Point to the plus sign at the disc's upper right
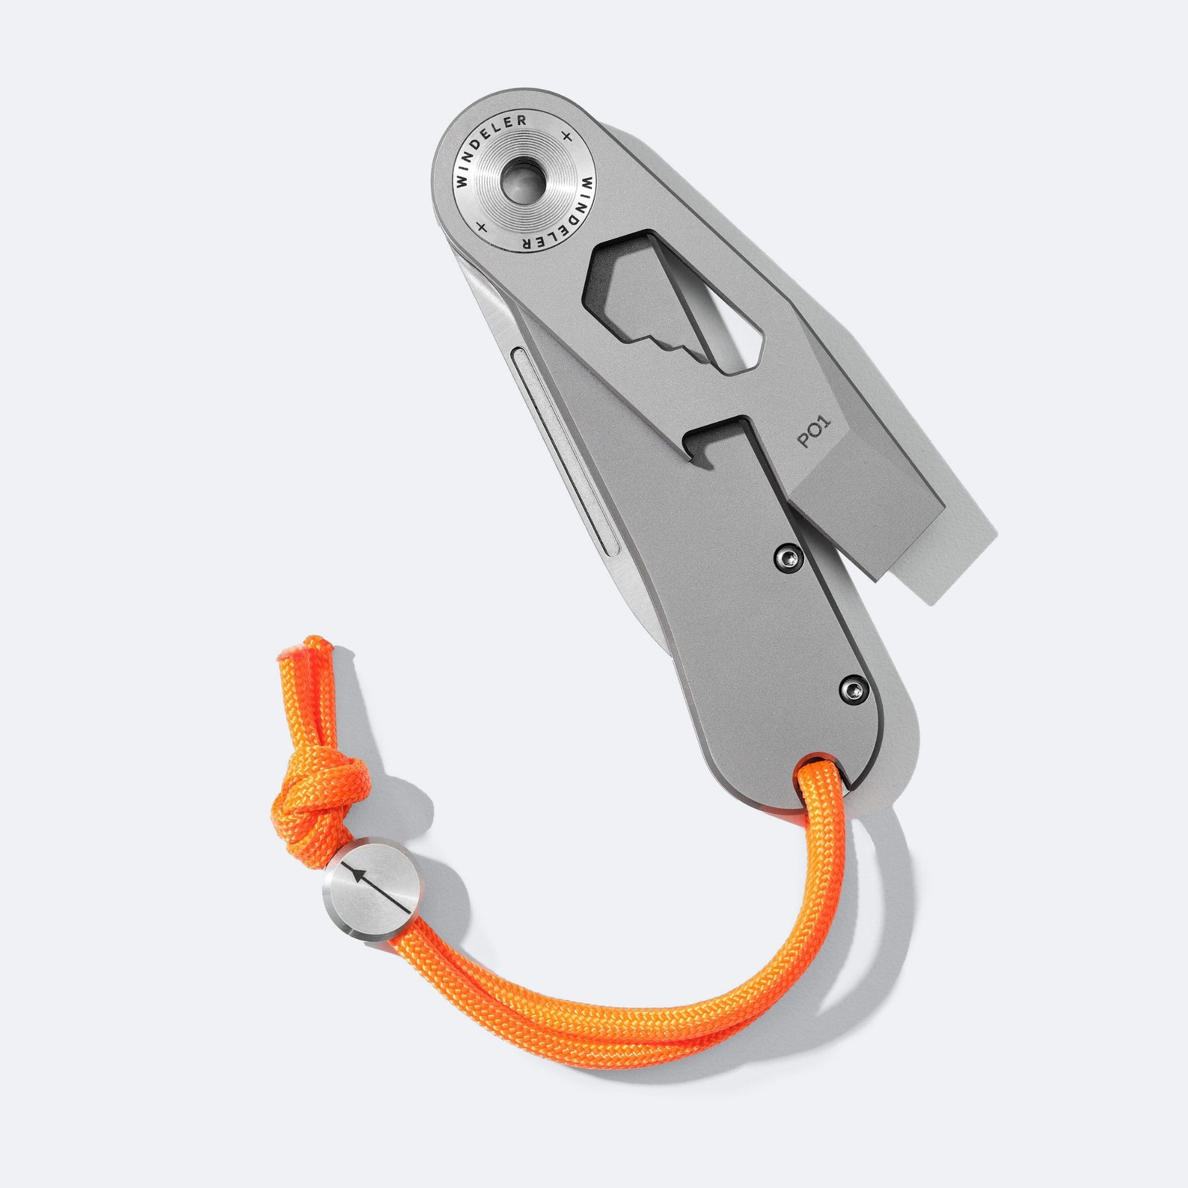pyautogui.click(x=566, y=136)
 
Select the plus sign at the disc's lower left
pyautogui.click(x=482, y=228)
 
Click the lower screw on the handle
pyautogui.click(x=855, y=690)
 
